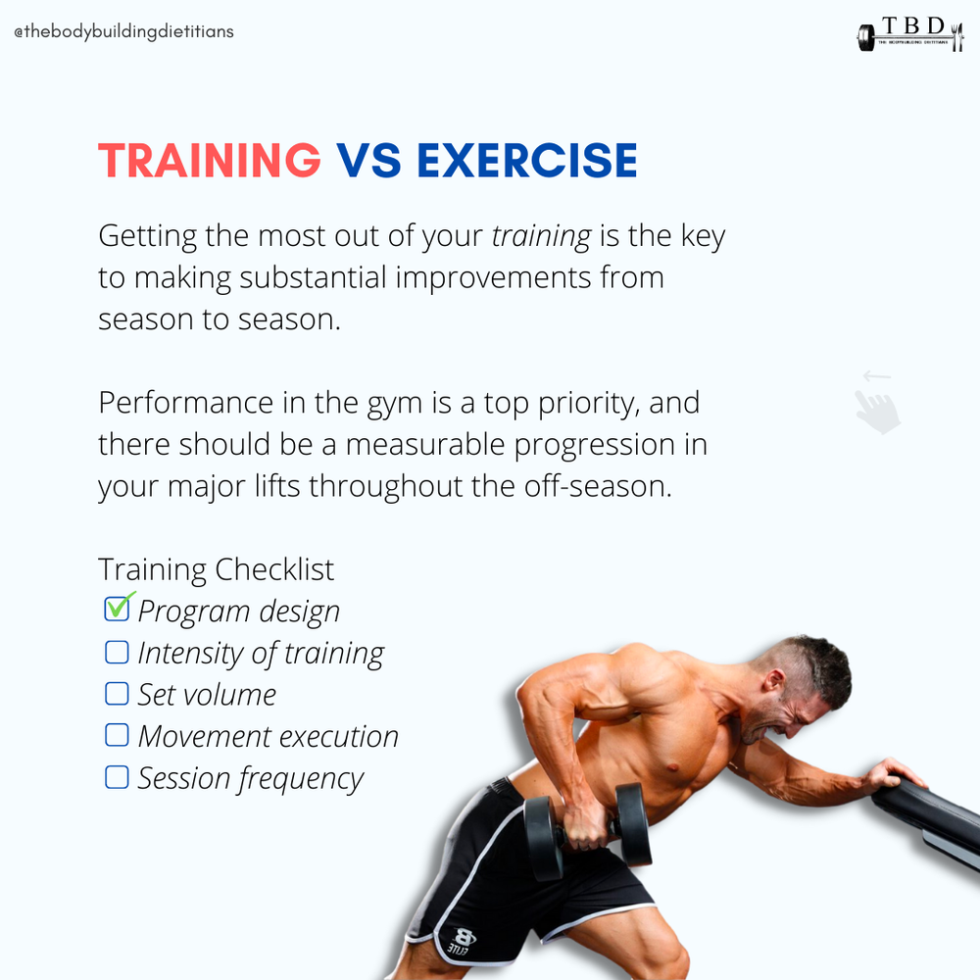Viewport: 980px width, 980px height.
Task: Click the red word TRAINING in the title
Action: [x=210, y=160]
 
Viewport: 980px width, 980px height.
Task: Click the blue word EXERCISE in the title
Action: [x=527, y=160]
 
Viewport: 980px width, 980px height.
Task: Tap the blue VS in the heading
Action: [x=368, y=160]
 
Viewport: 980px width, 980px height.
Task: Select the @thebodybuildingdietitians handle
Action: [x=123, y=31]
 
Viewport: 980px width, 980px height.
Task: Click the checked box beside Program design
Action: [x=117, y=609]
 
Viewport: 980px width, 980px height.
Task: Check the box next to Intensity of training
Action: [x=117, y=652]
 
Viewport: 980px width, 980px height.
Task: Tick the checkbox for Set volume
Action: [x=117, y=694]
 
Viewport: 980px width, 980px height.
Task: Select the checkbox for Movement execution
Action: [x=117, y=735]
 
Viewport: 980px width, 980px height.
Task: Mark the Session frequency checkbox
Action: [x=117, y=777]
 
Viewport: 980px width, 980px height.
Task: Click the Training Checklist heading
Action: [x=216, y=568]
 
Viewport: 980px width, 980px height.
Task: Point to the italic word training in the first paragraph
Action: [x=540, y=236]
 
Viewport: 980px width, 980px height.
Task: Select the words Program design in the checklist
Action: [x=239, y=611]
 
